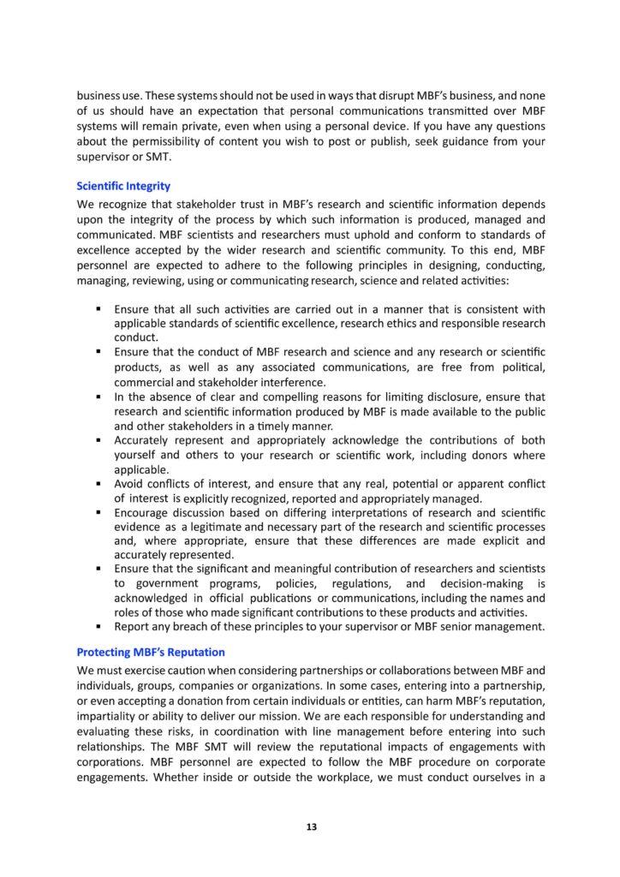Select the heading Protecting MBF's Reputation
point(147,651)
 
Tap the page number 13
point(311,826)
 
